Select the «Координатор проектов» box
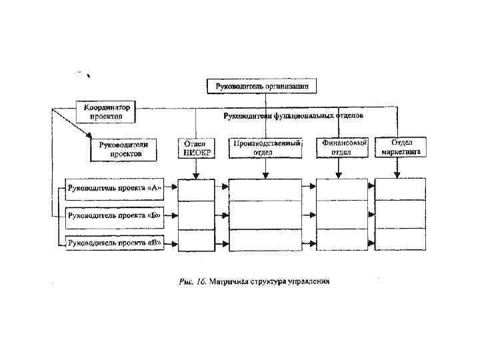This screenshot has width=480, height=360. (107, 111)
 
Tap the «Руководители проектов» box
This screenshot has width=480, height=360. (125, 149)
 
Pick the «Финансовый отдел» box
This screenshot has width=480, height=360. (343, 147)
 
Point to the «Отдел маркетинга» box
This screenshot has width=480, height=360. (401, 147)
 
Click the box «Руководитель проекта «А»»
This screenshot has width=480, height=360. (115, 187)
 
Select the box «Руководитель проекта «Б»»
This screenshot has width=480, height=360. (115, 216)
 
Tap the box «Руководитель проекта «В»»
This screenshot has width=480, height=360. (115, 243)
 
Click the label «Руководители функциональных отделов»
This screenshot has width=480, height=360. (293, 115)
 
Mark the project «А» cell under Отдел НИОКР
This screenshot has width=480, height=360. (196, 189)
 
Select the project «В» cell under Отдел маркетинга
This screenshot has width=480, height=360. (400, 238)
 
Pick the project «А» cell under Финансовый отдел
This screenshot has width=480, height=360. (341, 189)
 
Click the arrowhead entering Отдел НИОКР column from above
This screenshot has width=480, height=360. (196, 175)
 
